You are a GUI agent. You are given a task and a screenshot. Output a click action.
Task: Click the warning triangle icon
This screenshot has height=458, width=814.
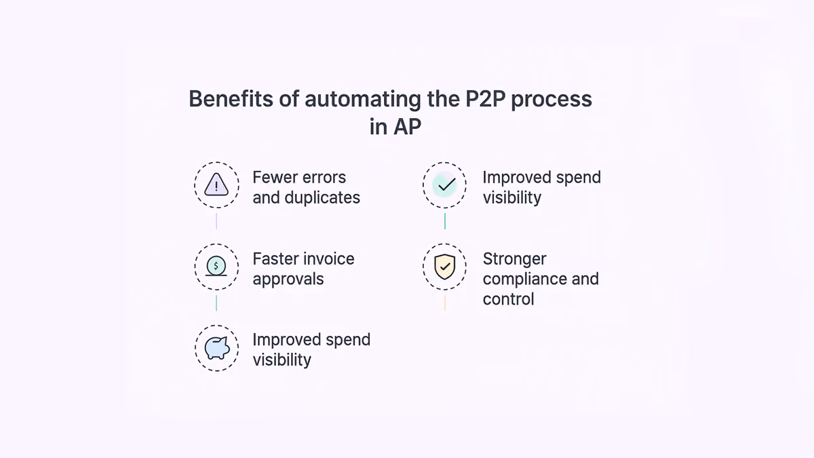pos(216,185)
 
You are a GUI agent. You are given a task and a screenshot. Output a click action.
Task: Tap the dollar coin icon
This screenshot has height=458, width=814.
pos(216,266)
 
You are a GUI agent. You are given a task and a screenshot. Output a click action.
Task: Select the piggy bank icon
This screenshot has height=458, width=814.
pos(217,348)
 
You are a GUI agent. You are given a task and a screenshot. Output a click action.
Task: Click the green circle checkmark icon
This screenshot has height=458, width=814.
pos(445,185)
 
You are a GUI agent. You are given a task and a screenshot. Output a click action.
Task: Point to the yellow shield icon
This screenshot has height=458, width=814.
pos(445,267)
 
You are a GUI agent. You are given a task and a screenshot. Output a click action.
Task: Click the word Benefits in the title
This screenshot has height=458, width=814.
pos(231,98)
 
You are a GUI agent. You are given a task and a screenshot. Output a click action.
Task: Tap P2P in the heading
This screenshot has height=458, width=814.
pos(486,98)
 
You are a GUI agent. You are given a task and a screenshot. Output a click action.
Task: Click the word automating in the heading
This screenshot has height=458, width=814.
pos(363,100)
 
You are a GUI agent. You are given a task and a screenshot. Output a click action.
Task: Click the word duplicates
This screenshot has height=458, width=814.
pos(322,197)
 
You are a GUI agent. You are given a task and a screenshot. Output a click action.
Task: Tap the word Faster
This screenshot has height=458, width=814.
pos(275,259)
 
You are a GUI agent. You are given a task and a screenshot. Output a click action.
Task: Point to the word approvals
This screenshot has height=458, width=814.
pos(288,280)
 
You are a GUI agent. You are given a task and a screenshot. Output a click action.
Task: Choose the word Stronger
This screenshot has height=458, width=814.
pos(515,259)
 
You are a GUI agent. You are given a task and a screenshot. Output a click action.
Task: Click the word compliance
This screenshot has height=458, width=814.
pos(524,280)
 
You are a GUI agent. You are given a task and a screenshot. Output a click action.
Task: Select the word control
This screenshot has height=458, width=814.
pos(508,299)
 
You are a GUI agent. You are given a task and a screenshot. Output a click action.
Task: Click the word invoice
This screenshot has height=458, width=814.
pos(329,259)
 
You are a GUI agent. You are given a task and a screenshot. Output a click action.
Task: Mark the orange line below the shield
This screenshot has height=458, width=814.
pos(445,303)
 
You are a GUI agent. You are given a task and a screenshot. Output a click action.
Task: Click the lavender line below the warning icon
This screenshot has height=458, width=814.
pos(216,221)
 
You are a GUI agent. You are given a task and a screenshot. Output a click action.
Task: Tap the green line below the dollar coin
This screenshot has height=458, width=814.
pos(216,303)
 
